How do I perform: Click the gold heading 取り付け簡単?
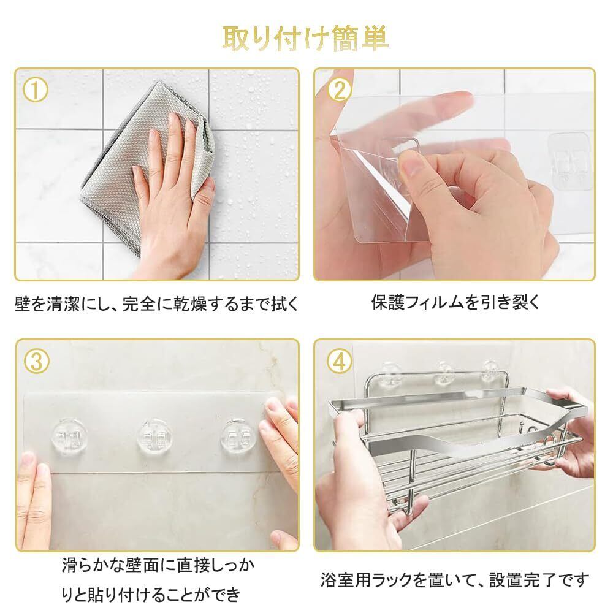[305, 39]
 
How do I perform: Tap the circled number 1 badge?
[36, 90]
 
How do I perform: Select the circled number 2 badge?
[340, 90]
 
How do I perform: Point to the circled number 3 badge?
[36, 361]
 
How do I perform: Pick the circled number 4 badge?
[340, 361]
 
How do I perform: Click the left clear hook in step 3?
[69, 436]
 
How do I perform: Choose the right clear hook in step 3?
[239, 436]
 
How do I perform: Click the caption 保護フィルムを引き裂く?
[455, 303]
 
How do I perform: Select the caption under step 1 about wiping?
[157, 304]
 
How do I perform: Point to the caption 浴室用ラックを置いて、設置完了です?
[455, 580]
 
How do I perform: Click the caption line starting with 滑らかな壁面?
[158, 565]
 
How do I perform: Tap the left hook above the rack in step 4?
[389, 373]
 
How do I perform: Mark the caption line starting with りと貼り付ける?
[151, 595]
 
